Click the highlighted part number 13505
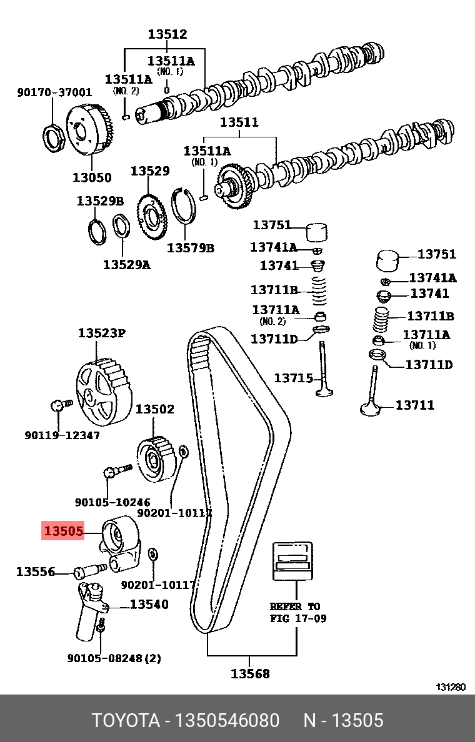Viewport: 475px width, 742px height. pos(63,531)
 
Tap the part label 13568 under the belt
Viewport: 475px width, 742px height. pos(250,673)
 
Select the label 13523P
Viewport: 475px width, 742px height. pos(102,333)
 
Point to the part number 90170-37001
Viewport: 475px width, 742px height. pos(55,92)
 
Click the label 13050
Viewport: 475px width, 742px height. pos(92,177)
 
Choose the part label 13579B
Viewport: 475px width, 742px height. pos(191,247)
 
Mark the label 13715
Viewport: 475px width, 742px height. pos(294,378)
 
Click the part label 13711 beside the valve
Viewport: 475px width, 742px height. pos(414,405)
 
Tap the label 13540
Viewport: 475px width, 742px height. pos(149,605)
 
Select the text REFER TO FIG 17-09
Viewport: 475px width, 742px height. pos(298,612)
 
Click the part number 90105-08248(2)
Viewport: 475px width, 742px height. pos(114,658)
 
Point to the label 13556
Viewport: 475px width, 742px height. pos(36,571)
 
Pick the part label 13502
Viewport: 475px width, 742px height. pos(155,409)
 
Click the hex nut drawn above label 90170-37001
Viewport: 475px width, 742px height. pos(54,137)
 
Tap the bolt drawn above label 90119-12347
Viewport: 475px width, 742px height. pos(61,405)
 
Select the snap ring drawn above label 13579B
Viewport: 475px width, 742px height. pos(183,206)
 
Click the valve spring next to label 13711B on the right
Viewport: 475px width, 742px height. pos(380,320)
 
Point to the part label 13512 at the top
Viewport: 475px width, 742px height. pos(167,34)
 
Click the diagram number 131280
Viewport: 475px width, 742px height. pos(451,687)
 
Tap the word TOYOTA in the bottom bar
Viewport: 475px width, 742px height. pos(126,720)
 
